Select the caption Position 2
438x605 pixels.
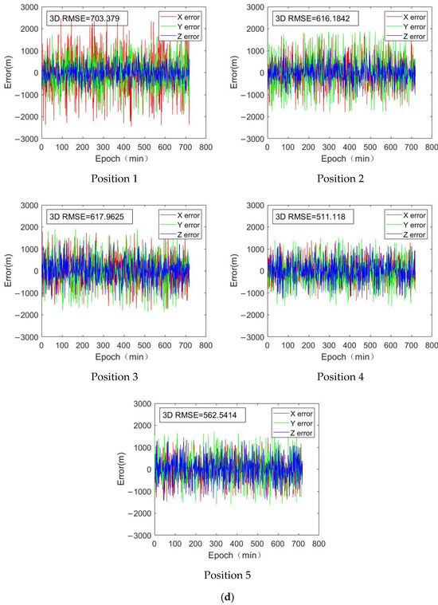(x=341, y=178)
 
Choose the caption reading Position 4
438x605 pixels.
(x=341, y=376)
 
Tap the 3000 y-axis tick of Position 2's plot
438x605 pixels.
(x=256, y=6)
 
